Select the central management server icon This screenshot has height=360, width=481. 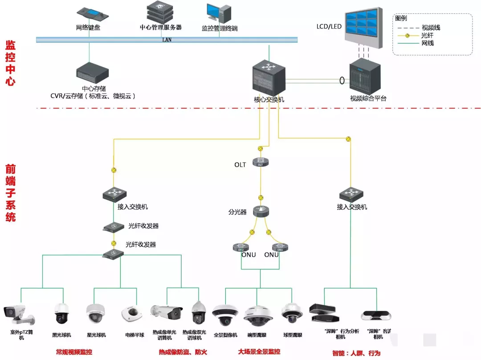click(x=160, y=12)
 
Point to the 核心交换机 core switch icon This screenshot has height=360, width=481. click(x=268, y=78)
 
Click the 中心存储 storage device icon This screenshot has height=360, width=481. click(x=93, y=73)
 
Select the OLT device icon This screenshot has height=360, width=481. click(x=261, y=163)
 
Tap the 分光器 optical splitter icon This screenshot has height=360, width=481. click(x=261, y=212)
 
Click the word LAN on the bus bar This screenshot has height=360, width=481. click(x=167, y=40)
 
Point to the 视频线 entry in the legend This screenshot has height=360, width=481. click(x=430, y=28)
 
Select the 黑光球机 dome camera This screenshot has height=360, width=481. click(x=61, y=313)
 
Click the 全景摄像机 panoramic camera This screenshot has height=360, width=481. click(x=225, y=315)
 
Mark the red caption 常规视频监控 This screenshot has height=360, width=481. click(x=74, y=352)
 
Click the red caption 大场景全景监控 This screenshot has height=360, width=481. click(x=259, y=352)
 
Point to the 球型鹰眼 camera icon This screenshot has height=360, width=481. click(x=292, y=315)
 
